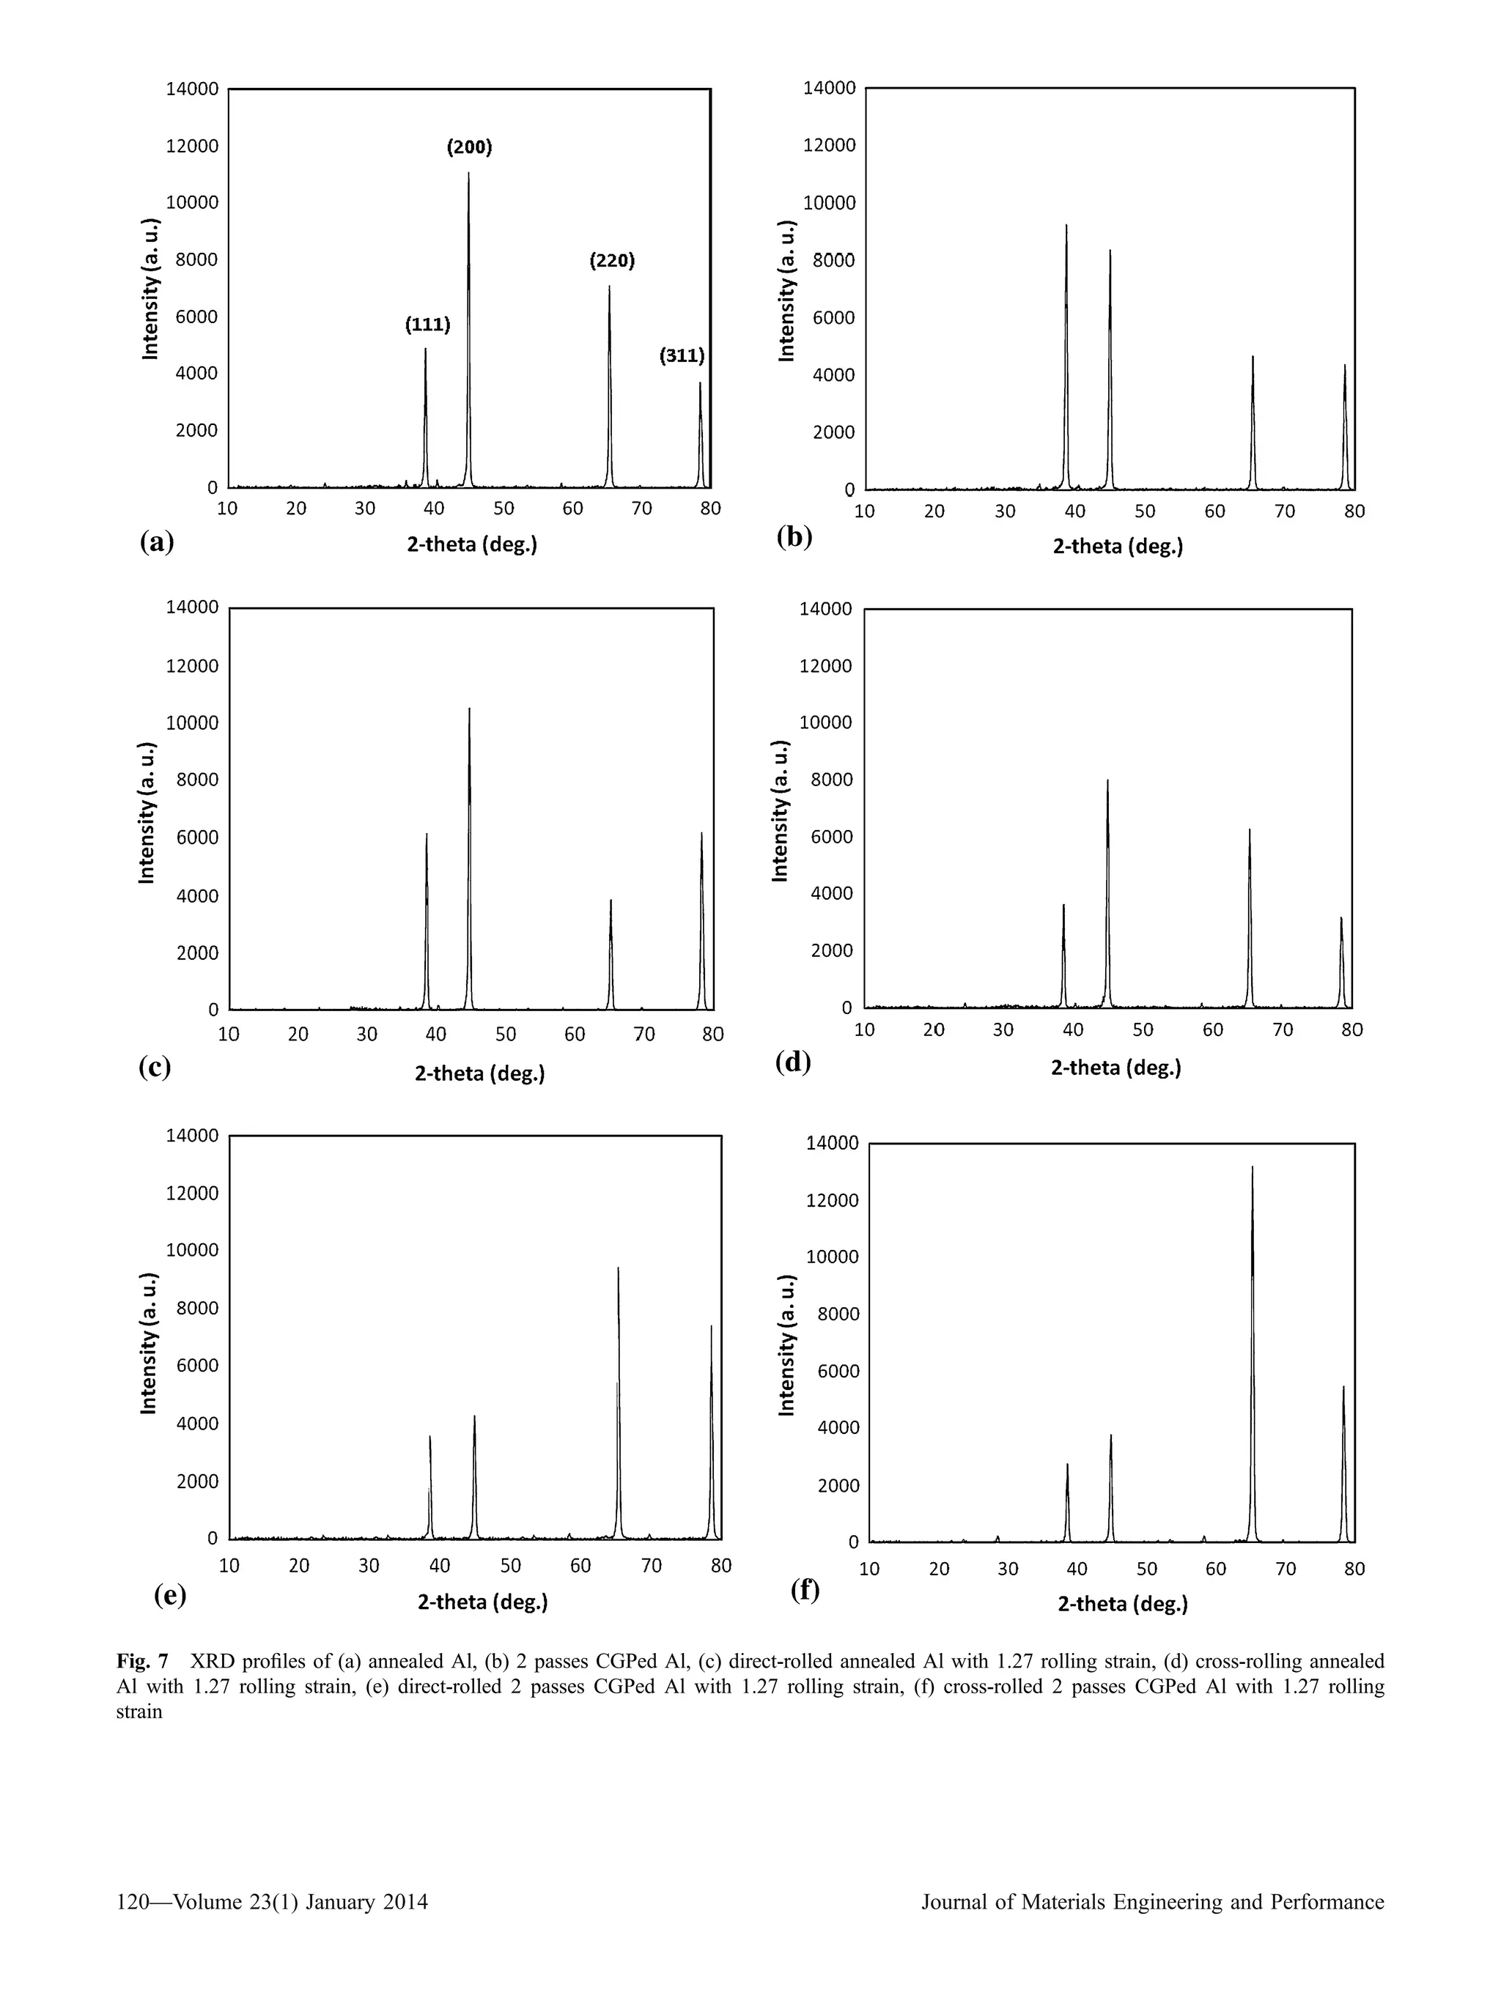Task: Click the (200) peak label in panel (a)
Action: point(470,147)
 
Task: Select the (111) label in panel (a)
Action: point(427,325)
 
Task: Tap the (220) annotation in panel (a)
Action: point(612,261)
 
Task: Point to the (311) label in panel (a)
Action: point(682,355)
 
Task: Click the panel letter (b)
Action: point(794,536)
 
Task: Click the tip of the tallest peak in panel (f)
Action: point(1253,1167)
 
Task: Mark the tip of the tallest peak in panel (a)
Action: point(468,173)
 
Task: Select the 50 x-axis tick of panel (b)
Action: point(1145,511)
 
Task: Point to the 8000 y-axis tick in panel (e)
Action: point(196,1308)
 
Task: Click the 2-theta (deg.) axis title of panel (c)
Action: point(479,1074)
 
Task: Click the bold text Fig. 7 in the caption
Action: point(142,1662)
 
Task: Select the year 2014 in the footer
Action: point(405,1901)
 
